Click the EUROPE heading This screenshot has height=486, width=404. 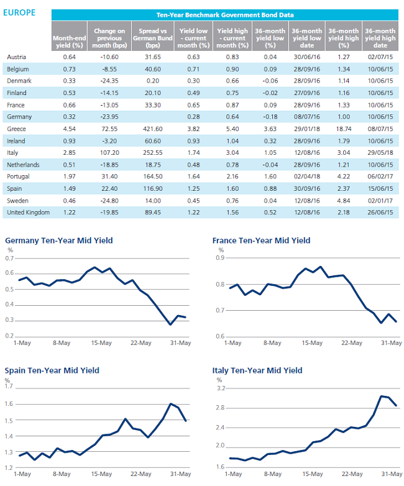pos(19,12)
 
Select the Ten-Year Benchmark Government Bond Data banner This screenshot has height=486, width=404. pos(225,15)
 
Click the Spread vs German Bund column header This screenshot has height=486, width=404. pos(153,38)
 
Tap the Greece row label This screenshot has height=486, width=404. pos(16,129)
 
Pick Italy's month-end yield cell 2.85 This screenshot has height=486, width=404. pos(69,153)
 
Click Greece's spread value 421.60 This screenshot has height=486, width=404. pos(153,129)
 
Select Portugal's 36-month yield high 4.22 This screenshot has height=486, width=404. pos(344,177)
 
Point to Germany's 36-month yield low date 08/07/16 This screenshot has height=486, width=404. pos(307,117)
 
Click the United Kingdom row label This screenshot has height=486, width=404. pos(28,213)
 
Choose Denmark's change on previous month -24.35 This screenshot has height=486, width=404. pos(109,81)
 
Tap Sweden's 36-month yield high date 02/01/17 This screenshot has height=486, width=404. pos(380,201)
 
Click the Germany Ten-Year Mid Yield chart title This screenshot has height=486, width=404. pos(59,241)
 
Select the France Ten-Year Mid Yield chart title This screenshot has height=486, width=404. pos(262,241)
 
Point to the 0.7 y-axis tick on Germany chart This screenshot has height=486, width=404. pos(9,258)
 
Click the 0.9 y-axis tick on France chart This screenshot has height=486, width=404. pos(220,258)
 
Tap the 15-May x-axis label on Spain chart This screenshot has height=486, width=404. pos(101,474)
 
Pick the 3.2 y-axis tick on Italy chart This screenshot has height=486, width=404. pos(221,388)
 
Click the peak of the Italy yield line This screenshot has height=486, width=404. pos(381,396)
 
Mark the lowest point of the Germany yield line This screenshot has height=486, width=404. pos(170,324)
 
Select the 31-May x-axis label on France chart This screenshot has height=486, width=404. pos(392,343)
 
